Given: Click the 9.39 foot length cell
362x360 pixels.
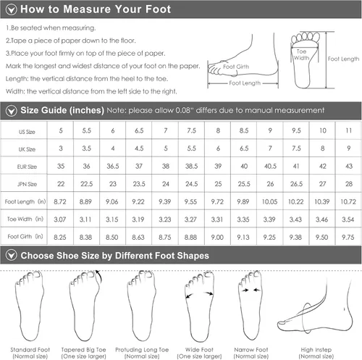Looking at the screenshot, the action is (x=165, y=201).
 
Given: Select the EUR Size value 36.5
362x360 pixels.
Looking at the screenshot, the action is (x=113, y=166).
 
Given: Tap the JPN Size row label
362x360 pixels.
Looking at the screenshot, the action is (x=27, y=184).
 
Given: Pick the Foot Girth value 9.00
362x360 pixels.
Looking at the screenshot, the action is (x=217, y=238).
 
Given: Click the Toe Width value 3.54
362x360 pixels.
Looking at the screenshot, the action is (x=348, y=219).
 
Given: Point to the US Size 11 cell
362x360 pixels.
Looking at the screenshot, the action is (x=349, y=130).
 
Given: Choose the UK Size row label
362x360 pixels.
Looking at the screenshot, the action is (x=27, y=149).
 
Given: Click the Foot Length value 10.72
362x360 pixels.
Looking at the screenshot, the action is (x=348, y=201).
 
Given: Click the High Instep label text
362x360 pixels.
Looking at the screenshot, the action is (x=316, y=350).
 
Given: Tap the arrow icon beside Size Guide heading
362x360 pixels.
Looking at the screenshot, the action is (x=12, y=111).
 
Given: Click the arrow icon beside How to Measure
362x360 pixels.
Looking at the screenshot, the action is (x=12, y=9).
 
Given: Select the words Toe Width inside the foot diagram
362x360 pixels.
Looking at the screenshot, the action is (x=301, y=55).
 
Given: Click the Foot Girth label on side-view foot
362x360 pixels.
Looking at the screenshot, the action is (x=236, y=67).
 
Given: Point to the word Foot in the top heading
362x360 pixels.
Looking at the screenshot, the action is (x=159, y=9).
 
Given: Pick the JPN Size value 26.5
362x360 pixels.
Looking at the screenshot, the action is (x=296, y=184).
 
